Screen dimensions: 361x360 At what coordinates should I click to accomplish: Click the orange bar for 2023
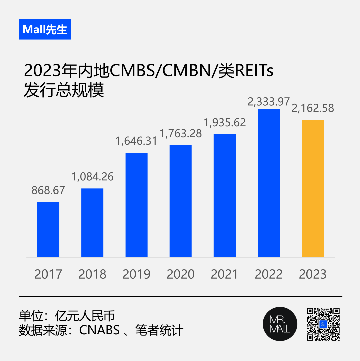coord(313,188)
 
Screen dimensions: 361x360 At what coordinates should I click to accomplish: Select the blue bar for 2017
coord(48,230)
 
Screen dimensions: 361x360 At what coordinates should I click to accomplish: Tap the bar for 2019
coord(136,205)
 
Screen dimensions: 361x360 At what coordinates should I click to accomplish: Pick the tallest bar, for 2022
coord(269,183)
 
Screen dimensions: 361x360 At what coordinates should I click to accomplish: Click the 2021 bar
coord(225,196)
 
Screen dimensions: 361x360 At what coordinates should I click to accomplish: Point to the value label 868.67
coord(48,190)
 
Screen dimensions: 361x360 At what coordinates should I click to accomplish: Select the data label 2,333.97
coord(269,102)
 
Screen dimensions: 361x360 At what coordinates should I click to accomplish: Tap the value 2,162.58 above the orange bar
coord(313,108)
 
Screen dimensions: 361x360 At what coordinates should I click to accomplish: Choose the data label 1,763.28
coord(181,133)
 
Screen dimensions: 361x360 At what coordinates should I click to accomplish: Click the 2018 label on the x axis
coord(92,274)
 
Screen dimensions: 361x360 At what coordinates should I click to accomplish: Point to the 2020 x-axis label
coord(181,274)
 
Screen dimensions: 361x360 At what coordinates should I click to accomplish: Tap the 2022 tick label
coord(269,274)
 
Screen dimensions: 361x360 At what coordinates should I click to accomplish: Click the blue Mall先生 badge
coord(45,29)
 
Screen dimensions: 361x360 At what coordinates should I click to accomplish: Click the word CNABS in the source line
coord(99,331)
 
